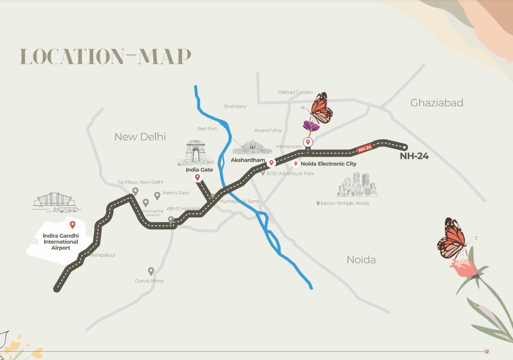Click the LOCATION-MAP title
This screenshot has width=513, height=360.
(x=105, y=57)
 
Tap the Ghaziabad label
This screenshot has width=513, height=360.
(x=436, y=103)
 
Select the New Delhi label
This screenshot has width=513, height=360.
(x=140, y=137)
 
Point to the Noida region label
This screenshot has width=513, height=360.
(x=361, y=260)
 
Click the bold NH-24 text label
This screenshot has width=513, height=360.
(x=414, y=156)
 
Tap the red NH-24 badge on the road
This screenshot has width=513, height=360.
(x=364, y=148)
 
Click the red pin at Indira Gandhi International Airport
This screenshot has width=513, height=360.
(x=72, y=225)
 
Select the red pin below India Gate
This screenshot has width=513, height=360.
(x=198, y=177)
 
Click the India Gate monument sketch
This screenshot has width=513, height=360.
(x=195, y=153)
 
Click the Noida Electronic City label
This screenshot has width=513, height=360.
(x=328, y=164)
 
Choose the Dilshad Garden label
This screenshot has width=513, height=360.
(x=295, y=92)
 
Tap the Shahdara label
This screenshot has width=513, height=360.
(x=235, y=107)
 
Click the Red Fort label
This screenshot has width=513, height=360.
(x=207, y=129)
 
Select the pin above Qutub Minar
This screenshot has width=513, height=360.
(x=151, y=271)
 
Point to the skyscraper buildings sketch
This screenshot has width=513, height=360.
(x=358, y=185)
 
